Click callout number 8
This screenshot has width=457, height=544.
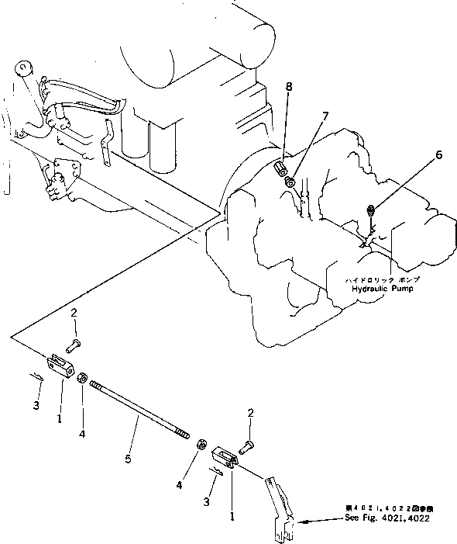pos(289,87)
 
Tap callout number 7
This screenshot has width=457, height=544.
pos(325,116)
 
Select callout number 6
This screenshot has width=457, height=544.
pos(438,154)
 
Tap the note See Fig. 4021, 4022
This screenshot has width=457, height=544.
pos(387,518)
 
